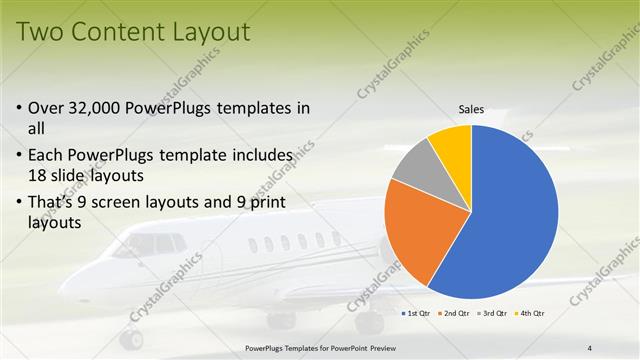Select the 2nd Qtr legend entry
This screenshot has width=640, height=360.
point(457,314)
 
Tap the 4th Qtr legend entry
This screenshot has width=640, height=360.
point(531,314)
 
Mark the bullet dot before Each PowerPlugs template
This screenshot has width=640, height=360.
point(21,156)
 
